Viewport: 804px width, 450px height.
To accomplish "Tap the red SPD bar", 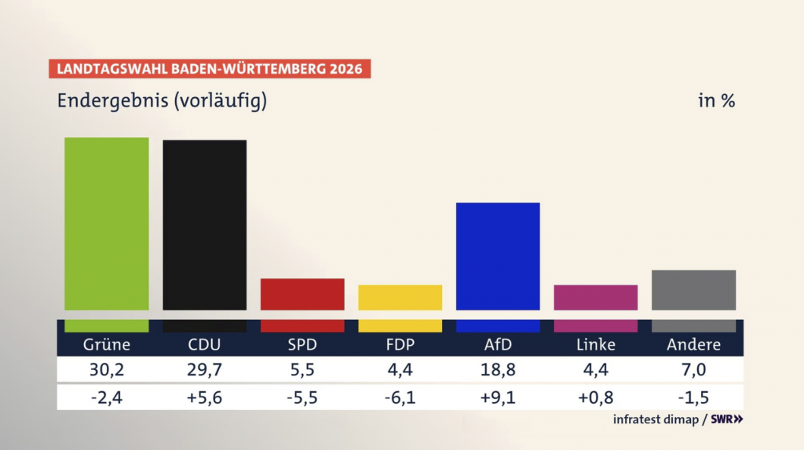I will coord(302,294).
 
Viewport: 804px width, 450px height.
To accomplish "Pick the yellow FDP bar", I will coord(400,297).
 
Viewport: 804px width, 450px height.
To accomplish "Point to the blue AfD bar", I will coord(498,256).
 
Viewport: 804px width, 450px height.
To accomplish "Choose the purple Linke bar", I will coord(595,297).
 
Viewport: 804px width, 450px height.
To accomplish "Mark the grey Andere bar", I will coord(693,290).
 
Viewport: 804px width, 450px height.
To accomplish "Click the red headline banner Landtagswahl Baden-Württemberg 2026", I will coord(210,68).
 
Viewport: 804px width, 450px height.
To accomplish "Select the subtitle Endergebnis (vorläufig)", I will coord(162,101).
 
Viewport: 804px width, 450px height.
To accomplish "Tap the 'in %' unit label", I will coord(716,101).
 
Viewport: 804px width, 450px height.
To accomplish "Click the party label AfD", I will coord(498,344).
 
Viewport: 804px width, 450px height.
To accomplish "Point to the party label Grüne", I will coord(106,344).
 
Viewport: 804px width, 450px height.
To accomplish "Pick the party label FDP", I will coord(400,344).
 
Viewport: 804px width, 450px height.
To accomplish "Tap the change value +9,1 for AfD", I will coord(498,397).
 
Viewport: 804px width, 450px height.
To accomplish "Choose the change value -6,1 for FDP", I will coord(400,397).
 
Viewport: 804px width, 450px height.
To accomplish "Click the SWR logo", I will coord(726,419).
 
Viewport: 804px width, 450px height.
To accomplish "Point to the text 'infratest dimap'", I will coord(656,419).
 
